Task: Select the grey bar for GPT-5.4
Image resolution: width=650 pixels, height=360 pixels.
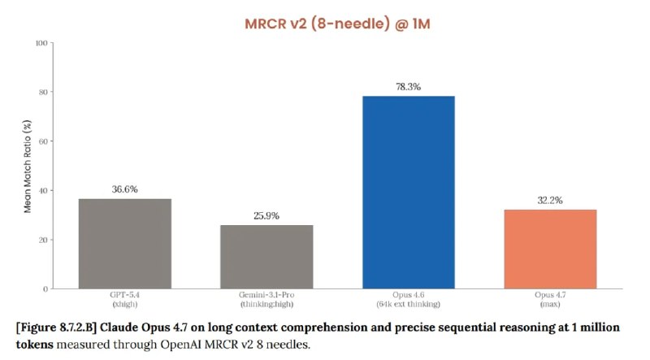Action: pyautogui.click(x=124, y=244)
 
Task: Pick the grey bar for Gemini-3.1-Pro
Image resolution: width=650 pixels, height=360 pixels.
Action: pyautogui.click(x=266, y=257)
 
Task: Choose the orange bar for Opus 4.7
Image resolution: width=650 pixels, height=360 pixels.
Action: pyautogui.click(x=550, y=249)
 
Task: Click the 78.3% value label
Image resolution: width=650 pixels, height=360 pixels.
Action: pyautogui.click(x=408, y=86)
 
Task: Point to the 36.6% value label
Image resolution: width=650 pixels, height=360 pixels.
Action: pyautogui.click(x=124, y=189)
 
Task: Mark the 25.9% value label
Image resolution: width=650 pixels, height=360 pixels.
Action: pyautogui.click(x=266, y=216)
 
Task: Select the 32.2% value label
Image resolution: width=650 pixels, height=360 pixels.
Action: pyautogui.click(x=550, y=200)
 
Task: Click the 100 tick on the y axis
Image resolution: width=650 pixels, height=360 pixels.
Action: pyautogui.click(x=41, y=42)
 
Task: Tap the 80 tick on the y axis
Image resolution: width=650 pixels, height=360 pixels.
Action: pyautogui.click(x=42, y=92)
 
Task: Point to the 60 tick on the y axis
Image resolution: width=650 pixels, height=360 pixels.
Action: pyautogui.click(x=42, y=141)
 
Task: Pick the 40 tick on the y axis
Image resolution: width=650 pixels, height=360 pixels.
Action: pyautogui.click(x=42, y=191)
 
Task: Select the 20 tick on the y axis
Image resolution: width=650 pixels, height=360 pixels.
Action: pyautogui.click(x=42, y=240)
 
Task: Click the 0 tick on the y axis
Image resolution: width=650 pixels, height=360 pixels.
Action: pyautogui.click(x=45, y=289)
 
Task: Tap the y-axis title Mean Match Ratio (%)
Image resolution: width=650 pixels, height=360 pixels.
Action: pyautogui.click(x=28, y=166)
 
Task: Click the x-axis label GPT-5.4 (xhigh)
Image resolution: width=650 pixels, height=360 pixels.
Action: pyautogui.click(x=124, y=300)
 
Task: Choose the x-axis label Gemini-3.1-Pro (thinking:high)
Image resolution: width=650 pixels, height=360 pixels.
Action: pyautogui.click(x=266, y=300)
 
